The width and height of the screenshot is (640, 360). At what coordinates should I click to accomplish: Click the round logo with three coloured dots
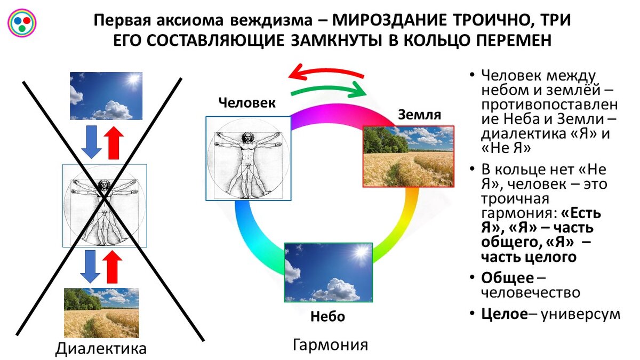coord(22,23)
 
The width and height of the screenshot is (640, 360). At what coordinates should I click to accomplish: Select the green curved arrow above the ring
coord(329,90)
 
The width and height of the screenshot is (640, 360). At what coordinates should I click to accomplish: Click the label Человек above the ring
coord(247,103)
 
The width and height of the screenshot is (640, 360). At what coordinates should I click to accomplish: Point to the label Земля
coord(419,115)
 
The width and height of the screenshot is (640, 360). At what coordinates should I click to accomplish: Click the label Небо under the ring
coord(327,317)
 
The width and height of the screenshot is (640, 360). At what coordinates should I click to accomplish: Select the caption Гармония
coord(331,345)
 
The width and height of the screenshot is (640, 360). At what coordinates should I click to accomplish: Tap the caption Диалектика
coord(101,349)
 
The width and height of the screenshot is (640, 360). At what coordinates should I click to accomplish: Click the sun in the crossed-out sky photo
coord(133,78)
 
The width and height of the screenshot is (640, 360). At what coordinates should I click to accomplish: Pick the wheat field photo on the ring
coord(409,157)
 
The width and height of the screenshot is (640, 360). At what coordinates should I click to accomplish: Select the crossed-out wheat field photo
coord(101,313)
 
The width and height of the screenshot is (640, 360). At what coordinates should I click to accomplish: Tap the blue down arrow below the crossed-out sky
coord(91,142)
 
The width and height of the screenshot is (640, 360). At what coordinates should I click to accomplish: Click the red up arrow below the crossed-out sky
coord(114,142)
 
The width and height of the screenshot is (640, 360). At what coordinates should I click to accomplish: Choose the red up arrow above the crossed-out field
coord(113,267)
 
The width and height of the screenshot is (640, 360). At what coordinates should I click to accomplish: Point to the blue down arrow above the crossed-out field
coord(90,267)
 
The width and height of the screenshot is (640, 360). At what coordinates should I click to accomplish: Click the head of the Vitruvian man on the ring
coord(247,138)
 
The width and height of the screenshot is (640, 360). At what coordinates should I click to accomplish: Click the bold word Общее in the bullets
coord(507,278)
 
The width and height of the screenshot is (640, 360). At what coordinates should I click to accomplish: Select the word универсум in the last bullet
coord(581,315)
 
